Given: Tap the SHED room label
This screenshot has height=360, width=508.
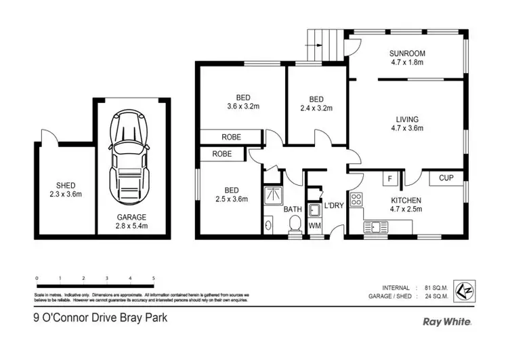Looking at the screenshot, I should [x=66, y=189].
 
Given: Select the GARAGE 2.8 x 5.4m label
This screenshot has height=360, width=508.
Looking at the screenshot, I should [x=131, y=221].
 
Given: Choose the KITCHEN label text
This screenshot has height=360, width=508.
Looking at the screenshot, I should [x=406, y=205].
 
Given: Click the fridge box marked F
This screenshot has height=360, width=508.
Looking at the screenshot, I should [x=389, y=179].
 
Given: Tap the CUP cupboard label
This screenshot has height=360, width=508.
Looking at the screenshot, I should [x=446, y=179].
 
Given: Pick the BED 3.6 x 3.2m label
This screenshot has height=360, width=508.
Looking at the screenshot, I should [x=242, y=102].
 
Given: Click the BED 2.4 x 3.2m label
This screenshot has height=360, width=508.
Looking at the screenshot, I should [x=318, y=102].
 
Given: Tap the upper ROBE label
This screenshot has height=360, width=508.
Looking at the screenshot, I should [x=231, y=137].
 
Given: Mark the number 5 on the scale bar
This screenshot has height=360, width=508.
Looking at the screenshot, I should [x=154, y=279].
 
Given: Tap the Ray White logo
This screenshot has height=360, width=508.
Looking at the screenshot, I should [x=447, y=322].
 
